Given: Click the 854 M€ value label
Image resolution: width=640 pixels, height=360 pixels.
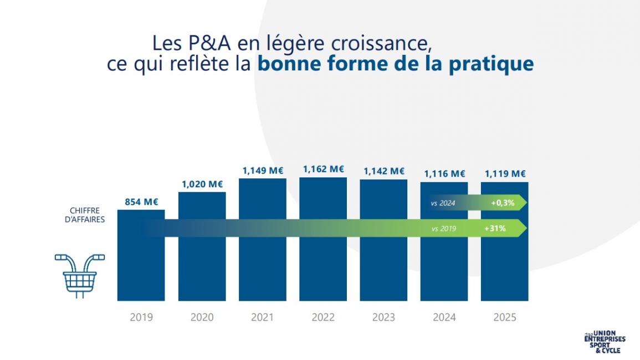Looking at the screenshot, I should pyautogui.click(x=141, y=202).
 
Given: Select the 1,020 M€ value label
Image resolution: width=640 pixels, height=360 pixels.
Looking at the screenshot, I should pyautogui.click(x=202, y=184).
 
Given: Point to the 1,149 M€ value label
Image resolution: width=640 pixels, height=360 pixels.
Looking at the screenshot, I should pyautogui.click(x=263, y=171).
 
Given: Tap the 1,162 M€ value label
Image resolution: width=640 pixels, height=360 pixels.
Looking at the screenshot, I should pyautogui.click(x=323, y=169).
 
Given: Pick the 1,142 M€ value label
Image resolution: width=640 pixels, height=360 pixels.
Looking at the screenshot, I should pyautogui.click(x=383, y=171).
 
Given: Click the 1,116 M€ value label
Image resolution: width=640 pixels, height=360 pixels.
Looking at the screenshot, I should pyautogui.click(x=444, y=174).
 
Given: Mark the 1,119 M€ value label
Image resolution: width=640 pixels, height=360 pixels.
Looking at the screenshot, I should pyautogui.click(x=505, y=174).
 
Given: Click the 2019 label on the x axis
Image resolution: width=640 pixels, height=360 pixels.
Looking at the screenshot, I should pyautogui.click(x=141, y=317).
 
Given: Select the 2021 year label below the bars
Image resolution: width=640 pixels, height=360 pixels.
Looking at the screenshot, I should pyautogui.click(x=263, y=317).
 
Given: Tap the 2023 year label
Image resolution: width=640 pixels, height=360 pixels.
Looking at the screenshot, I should pyautogui.click(x=383, y=317).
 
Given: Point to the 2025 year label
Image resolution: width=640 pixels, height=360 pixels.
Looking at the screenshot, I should pyautogui.click(x=505, y=317).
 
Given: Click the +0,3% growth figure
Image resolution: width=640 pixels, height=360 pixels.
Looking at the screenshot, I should pyautogui.click(x=502, y=203).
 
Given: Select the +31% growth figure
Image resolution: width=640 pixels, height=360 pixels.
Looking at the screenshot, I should pyautogui.click(x=498, y=228).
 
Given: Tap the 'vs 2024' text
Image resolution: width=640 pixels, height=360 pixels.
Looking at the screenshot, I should pyautogui.click(x=443, y=203).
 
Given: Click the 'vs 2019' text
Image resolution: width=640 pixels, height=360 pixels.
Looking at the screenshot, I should pyautogui.click(x=444, y=228).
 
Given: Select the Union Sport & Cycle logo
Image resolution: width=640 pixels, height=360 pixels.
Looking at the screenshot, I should pyautogui.click(x=605, y=343).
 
